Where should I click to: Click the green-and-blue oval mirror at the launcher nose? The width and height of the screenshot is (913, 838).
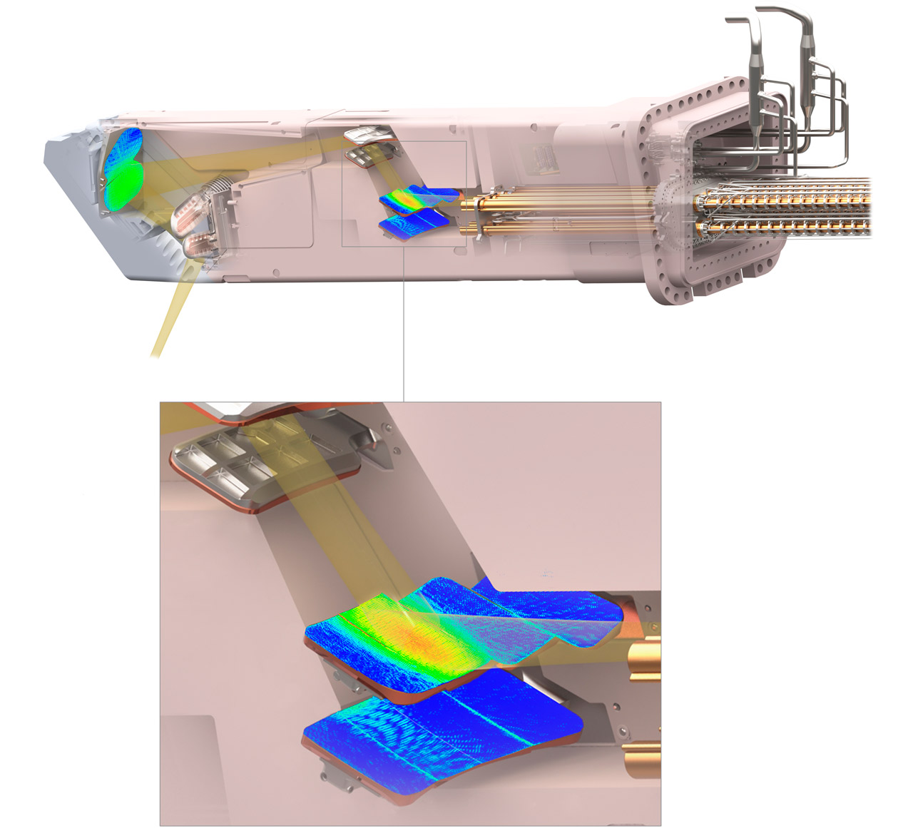tap(123, 170)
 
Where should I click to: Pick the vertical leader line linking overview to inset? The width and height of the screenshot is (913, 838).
tap(404, 321)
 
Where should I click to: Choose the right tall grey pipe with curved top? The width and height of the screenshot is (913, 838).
tap(807, 64)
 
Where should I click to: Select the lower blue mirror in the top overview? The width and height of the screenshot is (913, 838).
tap(414, 224)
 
